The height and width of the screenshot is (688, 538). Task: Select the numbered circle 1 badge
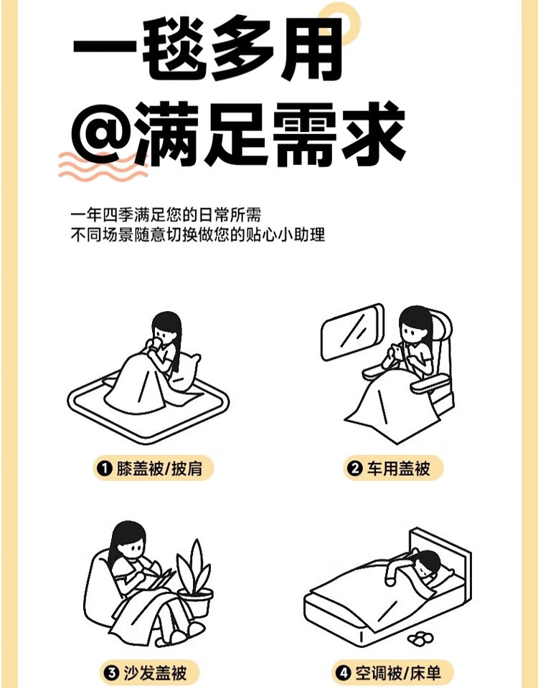tap(105, 469)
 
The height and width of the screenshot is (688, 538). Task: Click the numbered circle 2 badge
tap(354, 469)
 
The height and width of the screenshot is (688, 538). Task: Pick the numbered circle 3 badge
tap(112, 673)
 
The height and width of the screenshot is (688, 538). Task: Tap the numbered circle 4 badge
tap(343, 673)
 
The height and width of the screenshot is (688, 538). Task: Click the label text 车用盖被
tap(398, 469)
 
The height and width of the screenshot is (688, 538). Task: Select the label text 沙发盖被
tap(155, 673)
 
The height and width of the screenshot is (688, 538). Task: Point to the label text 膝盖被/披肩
tap(159, 469)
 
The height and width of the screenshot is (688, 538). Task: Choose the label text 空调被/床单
tap(398, 673)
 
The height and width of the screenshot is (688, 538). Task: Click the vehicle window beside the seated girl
tap(351, 331)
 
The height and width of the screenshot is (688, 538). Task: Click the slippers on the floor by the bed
tap(420, 639)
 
